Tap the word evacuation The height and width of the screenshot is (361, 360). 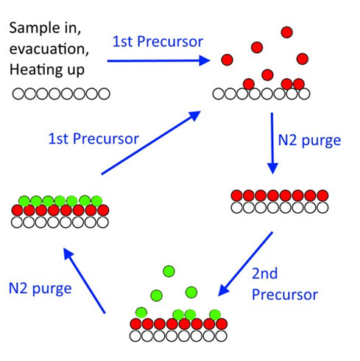pyautogui.click(x=49, y=49)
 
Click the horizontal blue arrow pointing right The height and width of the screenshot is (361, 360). pyautogui.click(x=159, y=60)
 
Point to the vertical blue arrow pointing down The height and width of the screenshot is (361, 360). pyautogui.click(x=272, y=143)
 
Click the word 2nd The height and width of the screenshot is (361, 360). pyautogui.click(x=264, y=273)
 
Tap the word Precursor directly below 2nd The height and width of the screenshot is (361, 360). pyautogui.click(x=285, y=294)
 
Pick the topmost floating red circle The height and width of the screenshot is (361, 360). pyautogui.click(x=286, y=32)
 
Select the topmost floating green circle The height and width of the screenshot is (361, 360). pyautogui.click(x=169, y=271)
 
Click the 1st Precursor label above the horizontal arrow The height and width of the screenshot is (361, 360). pyautogui.click(x=158, y=41)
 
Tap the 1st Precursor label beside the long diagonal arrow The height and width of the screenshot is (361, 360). pyautogui.click(x=93, y=139)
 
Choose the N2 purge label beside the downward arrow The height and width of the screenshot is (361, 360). pyautogui.click(x=309, y=141)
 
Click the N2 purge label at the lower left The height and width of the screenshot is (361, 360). pyautogui.click(x=40, y=288)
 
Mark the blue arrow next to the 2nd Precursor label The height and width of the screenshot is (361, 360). pyautogui.click(x=245, y=264)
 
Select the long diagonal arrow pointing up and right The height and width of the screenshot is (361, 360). pyautogui.click(x=151, y=143)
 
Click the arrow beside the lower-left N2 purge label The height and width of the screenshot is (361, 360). pyautogui.click(x=84, y=280)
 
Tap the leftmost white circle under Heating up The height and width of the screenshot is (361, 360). pyautogui.click(x=18, y=94)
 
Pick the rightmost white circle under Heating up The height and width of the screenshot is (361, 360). pyautogui.click(x=104, y=94)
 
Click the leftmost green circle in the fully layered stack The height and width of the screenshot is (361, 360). pyautogui.click(x=24, y=201)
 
